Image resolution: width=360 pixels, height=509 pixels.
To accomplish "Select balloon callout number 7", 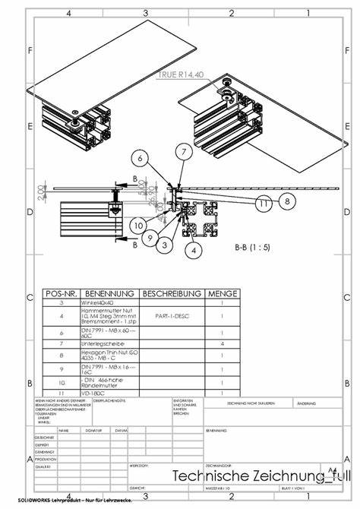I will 182,152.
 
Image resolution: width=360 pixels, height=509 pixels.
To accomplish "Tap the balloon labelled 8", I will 286,201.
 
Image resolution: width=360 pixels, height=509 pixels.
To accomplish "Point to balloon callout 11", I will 263,204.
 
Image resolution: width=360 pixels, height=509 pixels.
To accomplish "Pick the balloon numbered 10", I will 137,225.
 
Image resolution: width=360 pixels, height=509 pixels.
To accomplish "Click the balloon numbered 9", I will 151,239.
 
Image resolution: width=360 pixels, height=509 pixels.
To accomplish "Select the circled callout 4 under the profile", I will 194,248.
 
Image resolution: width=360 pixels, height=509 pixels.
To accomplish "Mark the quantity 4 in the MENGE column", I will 222,343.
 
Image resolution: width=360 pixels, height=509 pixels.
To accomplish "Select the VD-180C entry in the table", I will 96,394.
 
